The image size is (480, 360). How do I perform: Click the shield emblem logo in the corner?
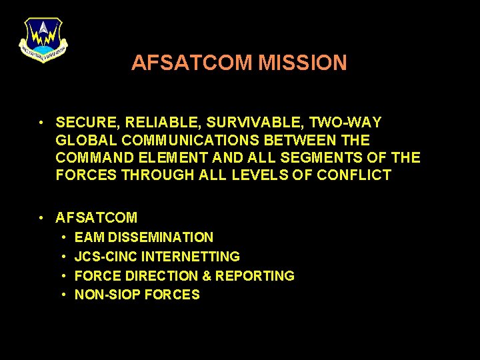(43, 40)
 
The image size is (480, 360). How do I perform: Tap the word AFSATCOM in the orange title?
(192, 63)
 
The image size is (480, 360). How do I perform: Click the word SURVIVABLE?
(237, 123)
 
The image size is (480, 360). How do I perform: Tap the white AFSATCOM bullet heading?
(97, 217)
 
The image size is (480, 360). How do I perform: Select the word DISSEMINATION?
(161, 237)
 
